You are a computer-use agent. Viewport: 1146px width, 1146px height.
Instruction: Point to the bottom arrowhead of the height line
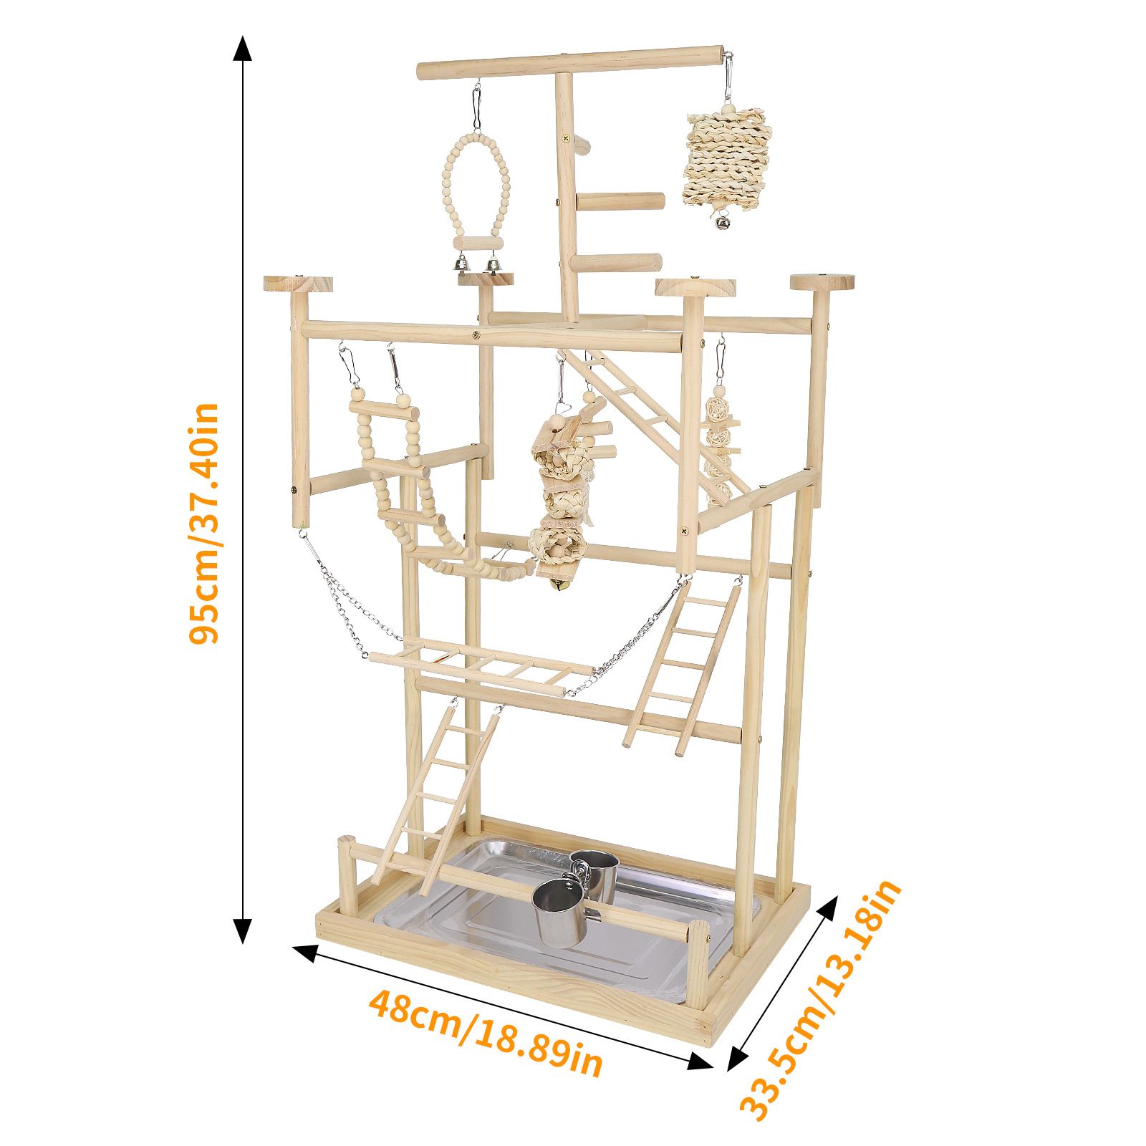pos(244,930)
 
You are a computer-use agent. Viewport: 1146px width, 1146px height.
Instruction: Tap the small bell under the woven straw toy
pos(718,222)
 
